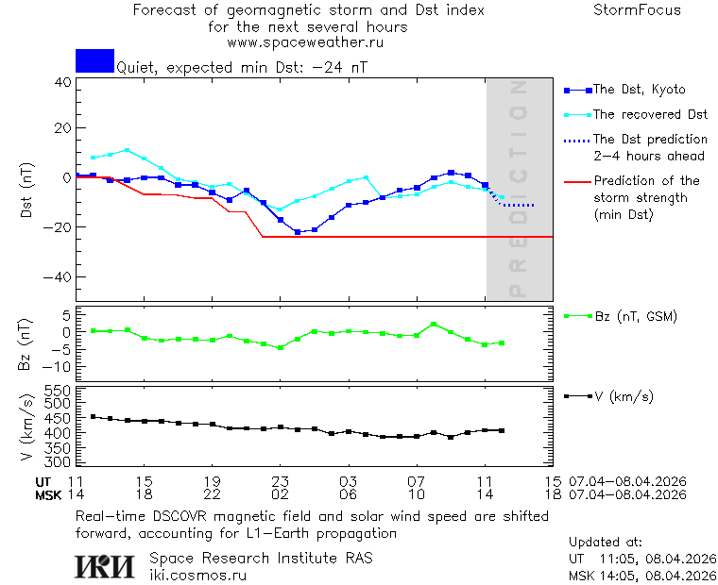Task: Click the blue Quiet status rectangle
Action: pos(94,60)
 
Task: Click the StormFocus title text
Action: pos(637,10)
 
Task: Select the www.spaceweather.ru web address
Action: pos(305,42)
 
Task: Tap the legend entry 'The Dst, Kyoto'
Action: pos(638,90)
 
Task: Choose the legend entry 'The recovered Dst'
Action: pos(650,114)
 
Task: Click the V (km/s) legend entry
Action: pos(623,396)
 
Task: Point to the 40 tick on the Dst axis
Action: pos(62,82)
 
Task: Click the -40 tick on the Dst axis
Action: pos(59,277)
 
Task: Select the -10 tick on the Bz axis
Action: pos(59,366)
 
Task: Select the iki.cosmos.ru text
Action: pos(197,575)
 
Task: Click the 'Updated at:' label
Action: pos(605,543)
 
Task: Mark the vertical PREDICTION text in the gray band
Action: pos(517,189)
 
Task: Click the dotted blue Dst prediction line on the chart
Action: pos(518,205)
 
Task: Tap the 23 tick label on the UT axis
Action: pos(280,481)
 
